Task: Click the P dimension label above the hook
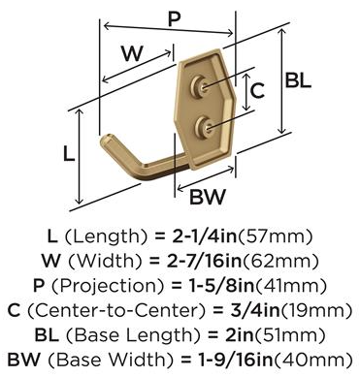174,19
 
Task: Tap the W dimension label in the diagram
132,53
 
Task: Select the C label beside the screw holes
257,90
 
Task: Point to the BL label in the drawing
298,80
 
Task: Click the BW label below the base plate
208,197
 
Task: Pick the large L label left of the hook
68,154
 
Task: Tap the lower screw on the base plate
204,128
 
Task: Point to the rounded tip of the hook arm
106,141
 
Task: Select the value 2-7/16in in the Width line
204,261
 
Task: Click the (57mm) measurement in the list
276,236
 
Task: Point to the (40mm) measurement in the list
312,360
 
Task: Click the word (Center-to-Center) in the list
116,310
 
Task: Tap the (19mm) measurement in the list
315,310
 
